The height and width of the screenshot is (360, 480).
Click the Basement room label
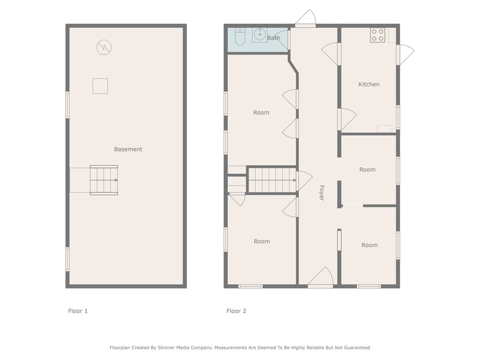128,149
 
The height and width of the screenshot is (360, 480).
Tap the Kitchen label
369,84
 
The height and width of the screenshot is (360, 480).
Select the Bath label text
273,38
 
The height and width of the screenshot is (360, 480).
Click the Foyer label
321,193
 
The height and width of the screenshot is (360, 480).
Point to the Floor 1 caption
78,311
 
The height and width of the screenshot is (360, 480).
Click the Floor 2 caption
236,311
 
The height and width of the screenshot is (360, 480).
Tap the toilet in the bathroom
240,38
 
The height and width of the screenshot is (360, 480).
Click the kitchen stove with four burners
377,35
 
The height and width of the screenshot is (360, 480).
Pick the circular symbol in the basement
103,47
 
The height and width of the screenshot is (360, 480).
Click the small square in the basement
100,86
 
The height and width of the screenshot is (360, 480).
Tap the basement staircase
103,179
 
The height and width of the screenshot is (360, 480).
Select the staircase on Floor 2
271,180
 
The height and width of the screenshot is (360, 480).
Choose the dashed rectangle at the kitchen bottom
384,128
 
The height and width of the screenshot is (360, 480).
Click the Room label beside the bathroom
261,113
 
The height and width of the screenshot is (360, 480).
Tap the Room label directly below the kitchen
367,170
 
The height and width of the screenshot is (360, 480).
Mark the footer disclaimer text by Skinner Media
240,347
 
